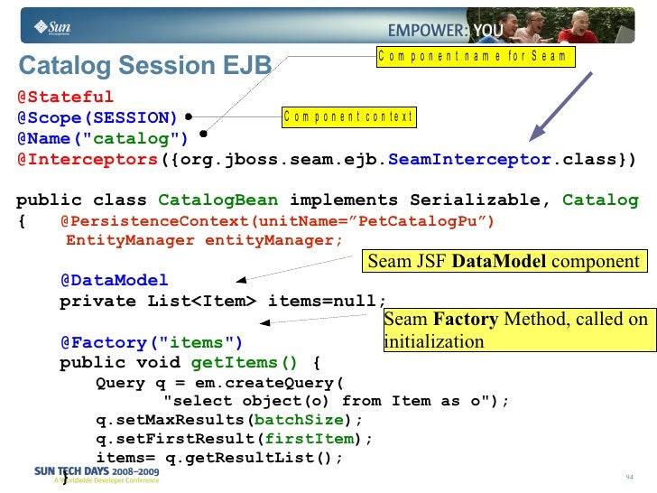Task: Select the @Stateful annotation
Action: [x=65, y=97]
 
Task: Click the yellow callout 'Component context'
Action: [x=348, y=116]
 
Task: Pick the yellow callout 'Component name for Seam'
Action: [x=474, y=57]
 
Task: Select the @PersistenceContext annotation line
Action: [x=277, y=221]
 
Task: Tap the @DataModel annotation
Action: [x=114, y=281]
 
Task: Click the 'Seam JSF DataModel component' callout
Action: [x=503, y=262]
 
